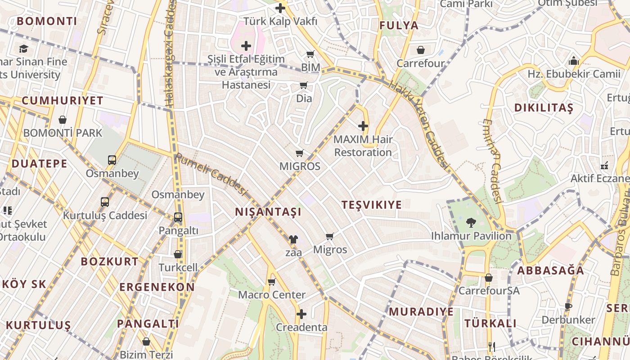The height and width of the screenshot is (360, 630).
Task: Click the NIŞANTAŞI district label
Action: (x=268, y=212)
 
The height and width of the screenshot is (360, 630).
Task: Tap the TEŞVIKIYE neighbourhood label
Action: (x=372, y=205)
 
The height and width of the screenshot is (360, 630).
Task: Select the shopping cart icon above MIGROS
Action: (x=300, y=153)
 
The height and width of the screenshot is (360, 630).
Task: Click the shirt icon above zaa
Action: (x=293, y=239)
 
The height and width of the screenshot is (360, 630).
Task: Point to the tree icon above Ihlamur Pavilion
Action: (x=471, y=222)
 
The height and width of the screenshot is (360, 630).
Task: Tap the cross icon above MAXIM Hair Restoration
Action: (x=363, y=126)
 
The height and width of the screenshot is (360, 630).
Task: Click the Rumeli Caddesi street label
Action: (x=211, y=175)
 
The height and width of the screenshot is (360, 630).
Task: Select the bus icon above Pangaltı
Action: (x=178, y=217)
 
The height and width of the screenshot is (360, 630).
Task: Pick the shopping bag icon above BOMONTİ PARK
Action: (x=63, y=120)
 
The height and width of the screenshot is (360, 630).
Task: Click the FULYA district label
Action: (x=399, y=26)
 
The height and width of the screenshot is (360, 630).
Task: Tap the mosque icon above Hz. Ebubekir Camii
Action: (x=574, y=60)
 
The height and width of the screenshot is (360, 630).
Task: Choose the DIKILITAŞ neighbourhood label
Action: (x=544, y=108)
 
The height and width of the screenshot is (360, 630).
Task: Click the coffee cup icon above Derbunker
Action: (x=568, y=307)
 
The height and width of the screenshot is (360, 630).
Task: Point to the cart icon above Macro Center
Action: (x=271, y=282)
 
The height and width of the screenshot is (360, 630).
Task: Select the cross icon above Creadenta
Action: (x=301, y=314)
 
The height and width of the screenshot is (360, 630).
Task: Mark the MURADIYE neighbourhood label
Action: (x=421, y=312)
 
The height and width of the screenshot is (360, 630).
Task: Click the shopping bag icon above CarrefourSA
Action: (x=489, y=278)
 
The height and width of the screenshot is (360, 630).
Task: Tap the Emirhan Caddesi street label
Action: (x=493, y=161)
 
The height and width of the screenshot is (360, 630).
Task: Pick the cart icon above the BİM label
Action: (x=310, y=54)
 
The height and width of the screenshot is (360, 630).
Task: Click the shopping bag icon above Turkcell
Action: (x=178, y=254)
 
